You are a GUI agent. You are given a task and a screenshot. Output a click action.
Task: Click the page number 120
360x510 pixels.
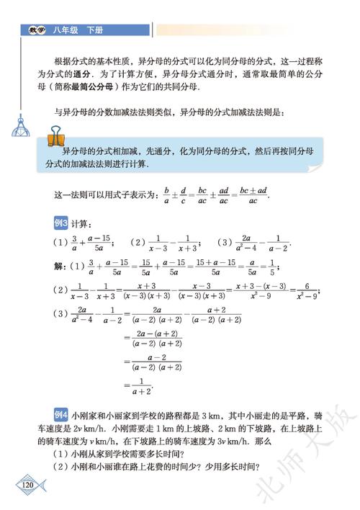tap(28, 483)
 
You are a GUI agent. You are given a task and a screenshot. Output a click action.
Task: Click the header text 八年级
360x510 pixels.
tap(63, 30)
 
